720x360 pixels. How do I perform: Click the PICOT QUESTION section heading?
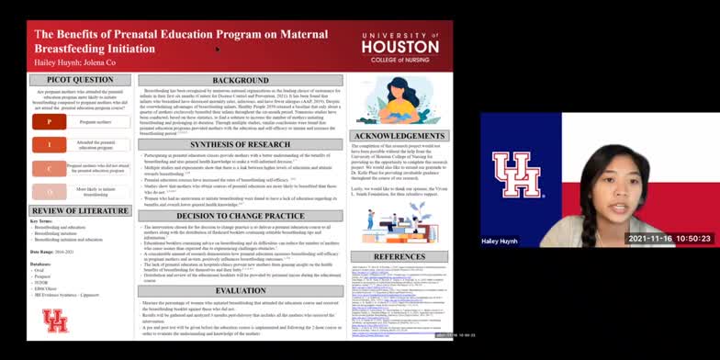tap(80, 80)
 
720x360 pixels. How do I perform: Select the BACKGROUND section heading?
tap(241, 81)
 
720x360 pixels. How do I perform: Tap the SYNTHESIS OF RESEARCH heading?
tap(241, 144)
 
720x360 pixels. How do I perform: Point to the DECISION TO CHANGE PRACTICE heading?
tap(241, 216)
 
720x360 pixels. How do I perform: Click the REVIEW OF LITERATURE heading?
tap(80, 210)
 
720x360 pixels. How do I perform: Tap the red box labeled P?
tap(49, 121)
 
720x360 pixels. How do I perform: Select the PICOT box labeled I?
tap(49, 144)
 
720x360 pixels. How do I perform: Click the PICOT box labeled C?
tap(49, 168)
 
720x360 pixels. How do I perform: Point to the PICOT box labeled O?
tap(49, 191)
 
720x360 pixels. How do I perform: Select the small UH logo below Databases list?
tap(55, 320)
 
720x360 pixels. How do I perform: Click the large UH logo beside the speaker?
tap(516, 174)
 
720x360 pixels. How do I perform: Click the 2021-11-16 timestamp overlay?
tap(658, 238)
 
